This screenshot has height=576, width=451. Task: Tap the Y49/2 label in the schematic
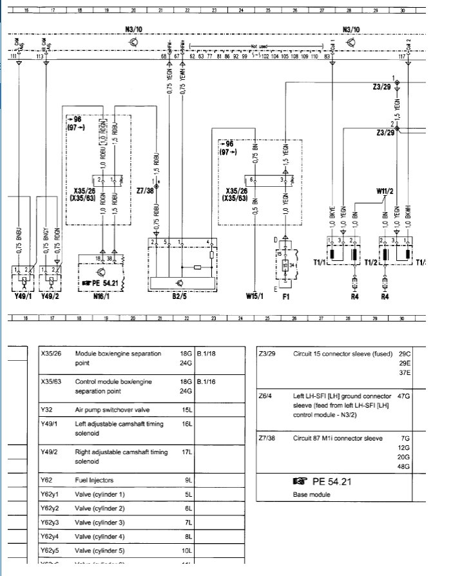pos(50,297)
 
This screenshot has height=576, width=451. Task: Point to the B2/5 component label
pos(180,297)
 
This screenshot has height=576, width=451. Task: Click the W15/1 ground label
pos(255,297)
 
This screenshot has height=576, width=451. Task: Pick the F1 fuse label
pos(286,297)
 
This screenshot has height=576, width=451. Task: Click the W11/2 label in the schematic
pos(385,191)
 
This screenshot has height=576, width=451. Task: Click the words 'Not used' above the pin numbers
pos(258,46)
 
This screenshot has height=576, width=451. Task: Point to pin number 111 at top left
pos(14,57)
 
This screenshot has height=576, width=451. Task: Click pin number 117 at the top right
pos(402,57)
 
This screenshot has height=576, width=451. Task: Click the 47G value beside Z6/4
pos(405,396)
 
